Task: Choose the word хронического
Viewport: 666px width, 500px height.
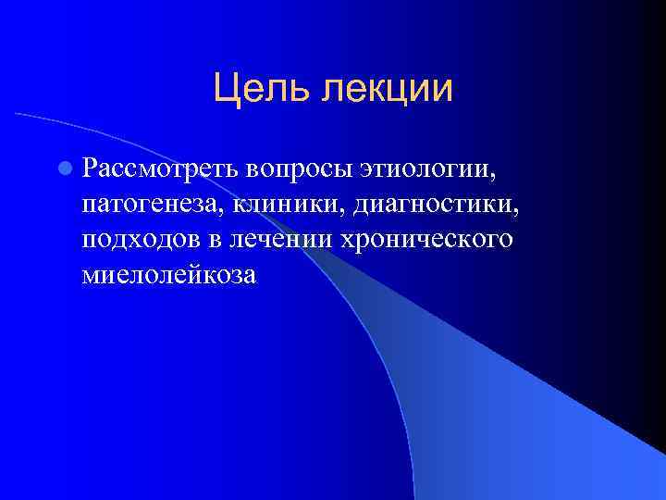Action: coord(427,241)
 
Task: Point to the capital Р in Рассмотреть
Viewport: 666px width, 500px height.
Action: coord(89,170)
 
